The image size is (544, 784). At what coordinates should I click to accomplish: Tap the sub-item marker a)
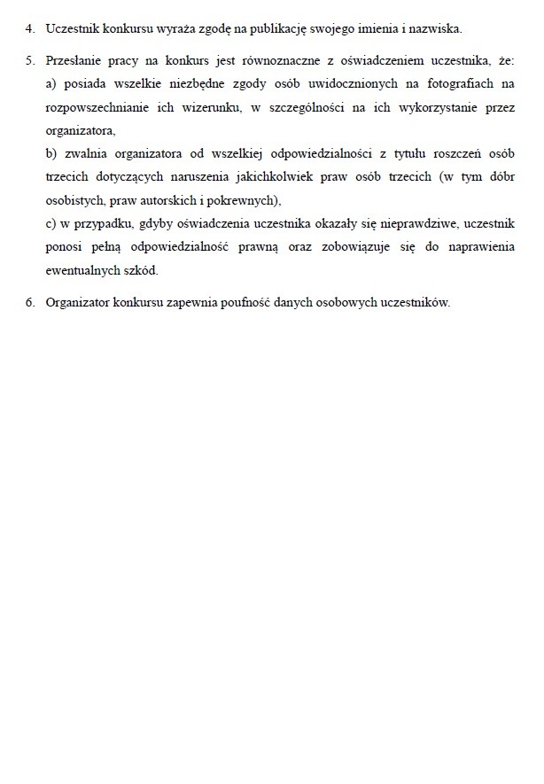[51, 84]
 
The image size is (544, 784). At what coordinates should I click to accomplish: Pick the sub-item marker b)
[51, 153]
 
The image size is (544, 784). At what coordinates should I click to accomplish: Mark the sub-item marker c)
[51, 222]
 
